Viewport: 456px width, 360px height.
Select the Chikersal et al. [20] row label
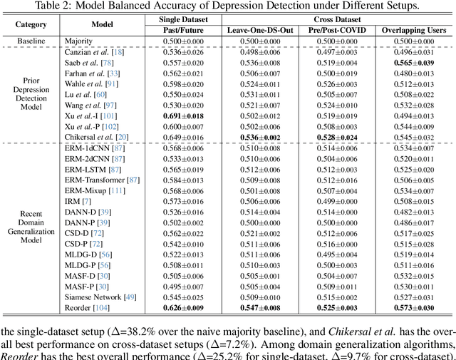click(95, 137)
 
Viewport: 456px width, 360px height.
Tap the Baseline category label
click(30, 41)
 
